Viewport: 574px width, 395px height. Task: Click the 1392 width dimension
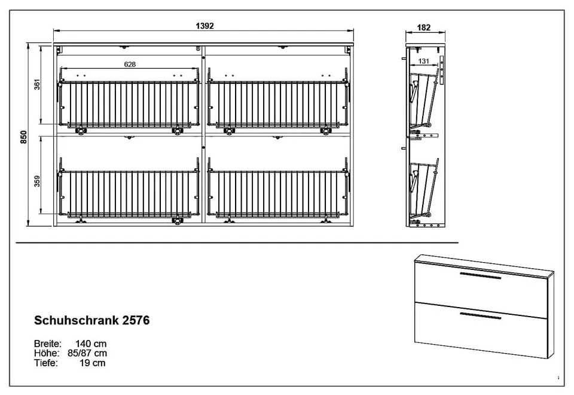(204, 26)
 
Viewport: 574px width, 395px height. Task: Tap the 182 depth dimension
(423, 28)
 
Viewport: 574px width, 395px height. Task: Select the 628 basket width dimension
(130, 65)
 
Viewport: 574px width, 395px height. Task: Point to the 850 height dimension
(24, 137)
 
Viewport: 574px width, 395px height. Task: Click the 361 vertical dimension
(37, 84)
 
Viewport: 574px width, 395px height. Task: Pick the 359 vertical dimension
(37, 181)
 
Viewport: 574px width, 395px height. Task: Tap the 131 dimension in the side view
(423, 61)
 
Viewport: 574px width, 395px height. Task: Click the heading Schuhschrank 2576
(92, 320)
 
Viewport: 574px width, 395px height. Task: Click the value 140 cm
(91, 344)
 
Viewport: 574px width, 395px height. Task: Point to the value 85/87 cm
(87, 353)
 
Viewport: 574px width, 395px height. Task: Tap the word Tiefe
(46, 363)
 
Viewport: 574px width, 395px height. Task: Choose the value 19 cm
(92, 363)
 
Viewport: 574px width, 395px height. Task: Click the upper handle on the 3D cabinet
(480, 275)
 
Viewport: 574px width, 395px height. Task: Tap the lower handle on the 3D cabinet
(480, 316)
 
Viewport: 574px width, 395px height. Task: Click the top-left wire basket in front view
(130, 104)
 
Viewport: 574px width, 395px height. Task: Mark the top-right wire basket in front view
(278, 104)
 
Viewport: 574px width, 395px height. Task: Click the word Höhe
(47, 353)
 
